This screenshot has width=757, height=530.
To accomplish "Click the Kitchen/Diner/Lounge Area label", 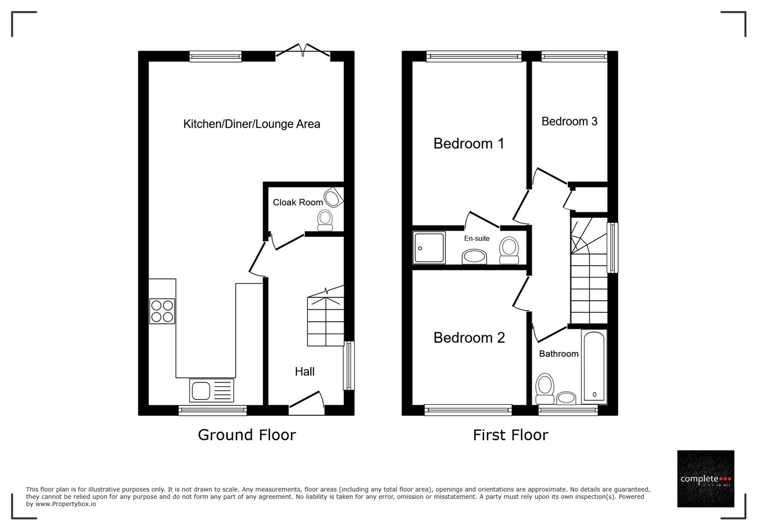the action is [252, 124].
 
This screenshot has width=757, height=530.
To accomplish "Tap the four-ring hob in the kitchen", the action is [162, 311].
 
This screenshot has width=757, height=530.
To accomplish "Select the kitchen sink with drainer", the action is [211, 391].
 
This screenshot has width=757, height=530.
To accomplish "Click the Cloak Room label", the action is [298, 202].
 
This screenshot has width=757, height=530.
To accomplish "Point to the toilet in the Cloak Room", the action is [325, 220].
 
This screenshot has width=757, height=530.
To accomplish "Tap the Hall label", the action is [304, 371].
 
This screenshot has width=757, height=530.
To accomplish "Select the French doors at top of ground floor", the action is [303, 51].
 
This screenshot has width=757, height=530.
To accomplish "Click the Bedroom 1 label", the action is [468, 143].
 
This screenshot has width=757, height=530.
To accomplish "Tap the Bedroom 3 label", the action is [569, 121].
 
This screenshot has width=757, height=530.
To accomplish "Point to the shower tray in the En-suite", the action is [429, 248].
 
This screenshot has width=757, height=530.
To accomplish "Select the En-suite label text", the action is [477, 238].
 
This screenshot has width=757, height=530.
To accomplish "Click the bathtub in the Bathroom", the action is [594, 366].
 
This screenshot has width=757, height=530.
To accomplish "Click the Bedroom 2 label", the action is [469, 338].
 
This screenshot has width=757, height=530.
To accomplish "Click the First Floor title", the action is [510, 435].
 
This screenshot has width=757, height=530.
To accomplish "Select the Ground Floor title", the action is [247, 435].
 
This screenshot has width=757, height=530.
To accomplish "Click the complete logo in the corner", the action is [706, 478].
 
